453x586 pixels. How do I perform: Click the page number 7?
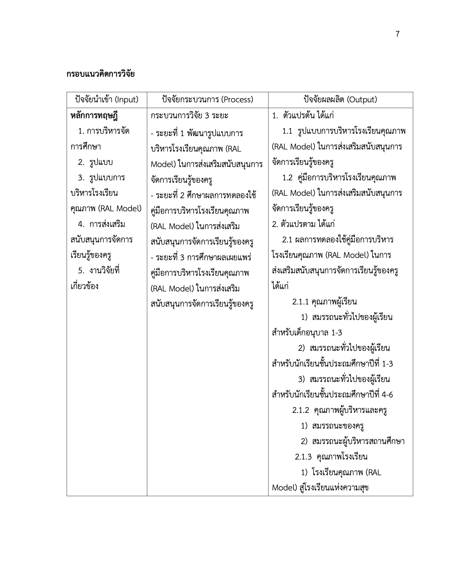click(398, 34)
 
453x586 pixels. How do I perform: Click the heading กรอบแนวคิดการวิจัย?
click(100, 74)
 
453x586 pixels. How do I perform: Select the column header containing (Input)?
click(107, 100)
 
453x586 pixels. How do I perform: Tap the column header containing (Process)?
click(207, 100)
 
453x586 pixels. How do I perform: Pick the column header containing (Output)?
click(340, 100)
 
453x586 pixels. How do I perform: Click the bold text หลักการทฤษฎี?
click(94, 116)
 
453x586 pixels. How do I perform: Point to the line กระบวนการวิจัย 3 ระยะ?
click(189, 116)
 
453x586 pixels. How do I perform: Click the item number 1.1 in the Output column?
click(287, 131)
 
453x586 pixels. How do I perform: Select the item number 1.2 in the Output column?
click(287, 178)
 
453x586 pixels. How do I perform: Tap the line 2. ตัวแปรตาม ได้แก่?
click(303, 224)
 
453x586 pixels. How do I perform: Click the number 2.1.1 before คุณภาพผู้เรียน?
click(300, 302)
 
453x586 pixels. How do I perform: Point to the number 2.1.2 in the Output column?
click(301, 410)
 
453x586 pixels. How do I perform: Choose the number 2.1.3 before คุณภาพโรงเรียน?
click(303, 457)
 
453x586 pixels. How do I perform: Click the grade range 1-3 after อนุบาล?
click(337, 333)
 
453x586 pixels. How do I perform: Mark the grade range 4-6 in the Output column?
click(387, 395)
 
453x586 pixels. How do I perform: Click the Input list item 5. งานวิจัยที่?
click(99, 270)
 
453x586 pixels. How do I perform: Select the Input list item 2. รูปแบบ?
click(95, 162)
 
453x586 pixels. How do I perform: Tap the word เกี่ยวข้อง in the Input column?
click(84, 286)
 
